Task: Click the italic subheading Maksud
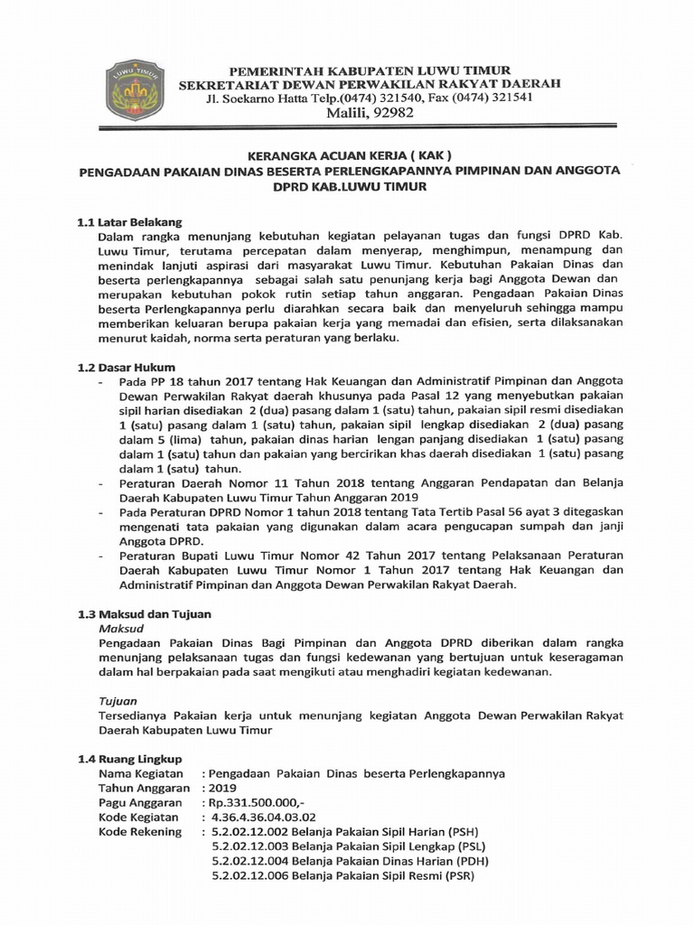pos(119,627)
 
